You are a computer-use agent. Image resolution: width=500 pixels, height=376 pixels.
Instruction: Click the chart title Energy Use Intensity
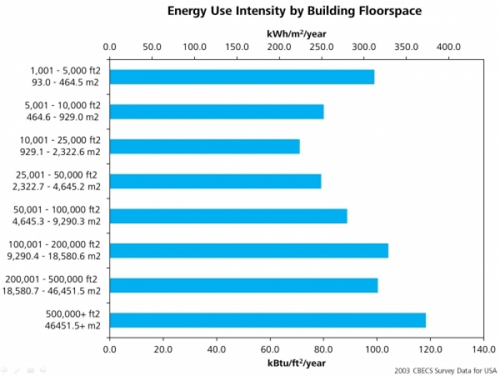pyautogui.click(x=294, y=11)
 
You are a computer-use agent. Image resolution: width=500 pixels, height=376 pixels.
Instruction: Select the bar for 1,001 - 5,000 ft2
pyautogui.click(x=242, y=77)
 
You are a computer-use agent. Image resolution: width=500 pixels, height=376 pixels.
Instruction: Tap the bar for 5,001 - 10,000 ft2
pyautogui.click(x=216, y=112)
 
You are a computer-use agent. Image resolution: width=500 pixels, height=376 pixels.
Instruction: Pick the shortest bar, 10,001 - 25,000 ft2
pyautogui.click(x=205, y=147)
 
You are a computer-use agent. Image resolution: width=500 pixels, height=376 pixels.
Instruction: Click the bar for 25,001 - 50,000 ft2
pyautogui.click(x=216, y=181)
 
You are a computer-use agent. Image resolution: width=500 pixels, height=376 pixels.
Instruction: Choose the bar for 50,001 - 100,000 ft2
pyautogui.click(x=229, y=216)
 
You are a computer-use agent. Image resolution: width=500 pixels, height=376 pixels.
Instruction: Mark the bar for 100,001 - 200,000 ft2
pyautogui.click(x=249, y=250)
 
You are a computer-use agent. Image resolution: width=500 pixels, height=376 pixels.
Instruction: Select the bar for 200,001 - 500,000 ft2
pyautogui.click(x=244, y=285)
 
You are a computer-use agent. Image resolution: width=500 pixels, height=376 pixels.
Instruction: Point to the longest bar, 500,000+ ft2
pyautogui.click(x=268, y=320)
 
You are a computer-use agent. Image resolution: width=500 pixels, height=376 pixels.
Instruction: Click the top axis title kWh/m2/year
pyautogui.click(x=296, y=34)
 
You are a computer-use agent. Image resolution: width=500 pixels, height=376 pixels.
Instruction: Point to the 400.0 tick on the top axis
pyautogui.click(x=449, y=46)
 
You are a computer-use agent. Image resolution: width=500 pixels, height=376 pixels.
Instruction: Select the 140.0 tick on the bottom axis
pyautogui.click(x=484, y=349)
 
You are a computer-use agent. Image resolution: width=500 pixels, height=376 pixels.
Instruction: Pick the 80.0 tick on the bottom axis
pyautogui.click(x=324, y=349)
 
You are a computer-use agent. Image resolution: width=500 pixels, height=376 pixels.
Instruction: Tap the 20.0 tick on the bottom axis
pyautogui.click(x=163, y=349)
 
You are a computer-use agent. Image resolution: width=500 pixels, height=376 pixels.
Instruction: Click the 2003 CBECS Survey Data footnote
pyautogui.click(x=445, y=370)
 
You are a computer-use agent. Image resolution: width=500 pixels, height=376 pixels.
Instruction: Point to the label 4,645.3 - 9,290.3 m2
pyautogui.click(x=56, y=222)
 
